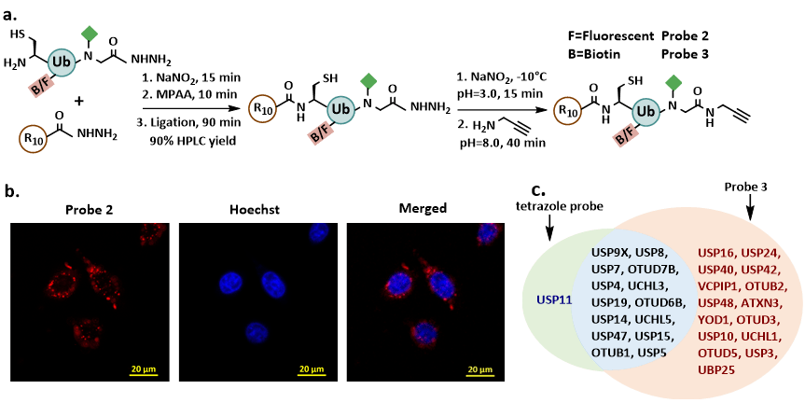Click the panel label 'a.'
pos(11,10)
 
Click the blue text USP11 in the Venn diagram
pos(553,301)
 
